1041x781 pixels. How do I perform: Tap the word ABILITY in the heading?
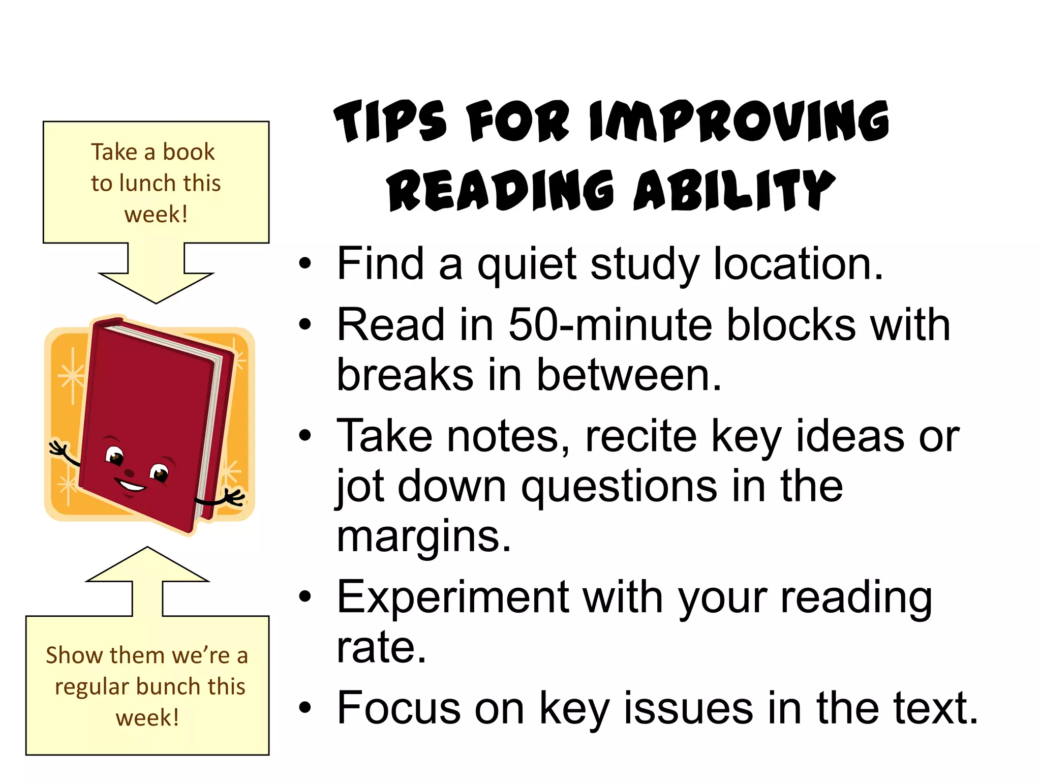[734, 190]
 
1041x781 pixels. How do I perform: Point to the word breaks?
[405, 375]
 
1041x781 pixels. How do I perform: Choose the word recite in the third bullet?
[641, 436]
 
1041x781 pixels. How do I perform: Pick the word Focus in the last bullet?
[398, 708]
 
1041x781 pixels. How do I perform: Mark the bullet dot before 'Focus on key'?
[305, 708]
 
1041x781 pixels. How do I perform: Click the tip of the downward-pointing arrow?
[156, 303]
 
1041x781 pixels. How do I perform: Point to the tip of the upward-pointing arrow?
[147, 548]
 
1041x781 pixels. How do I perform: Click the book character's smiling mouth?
[131, 486]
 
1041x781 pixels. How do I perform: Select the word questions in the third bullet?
[620, 487]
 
